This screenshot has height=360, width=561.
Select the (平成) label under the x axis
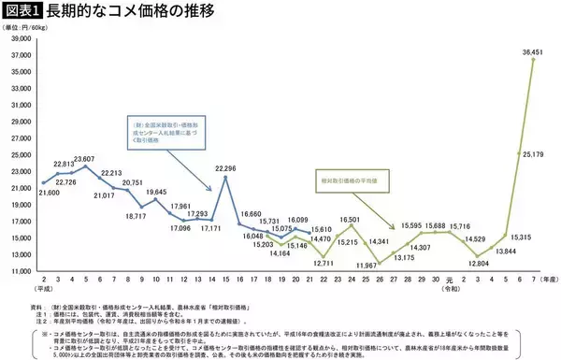pos(44,290)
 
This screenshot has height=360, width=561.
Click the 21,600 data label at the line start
pos(48,191)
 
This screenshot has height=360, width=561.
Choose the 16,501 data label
pos(350,219)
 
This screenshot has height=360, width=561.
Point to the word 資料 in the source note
pos(37,305)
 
